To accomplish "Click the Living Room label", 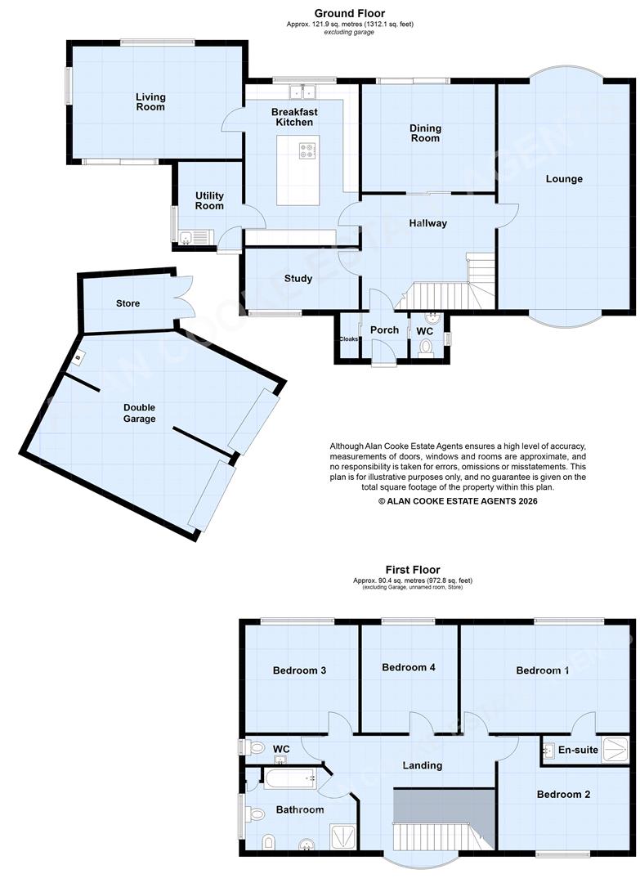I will [x=150, y=101].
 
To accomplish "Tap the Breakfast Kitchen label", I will [x=294, y=116].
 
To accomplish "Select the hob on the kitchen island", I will [x=309, y=150].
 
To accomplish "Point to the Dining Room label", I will [x=425, y=133].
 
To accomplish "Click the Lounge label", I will [x=564, y=178].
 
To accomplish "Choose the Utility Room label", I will [x=209, y=200].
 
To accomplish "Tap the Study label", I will [x=298, y=279].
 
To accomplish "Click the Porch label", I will [x=384, y=330].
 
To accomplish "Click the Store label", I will [x=128, y=303].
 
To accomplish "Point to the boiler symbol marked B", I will [x=78, y=358].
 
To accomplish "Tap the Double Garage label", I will [x=139, y=413].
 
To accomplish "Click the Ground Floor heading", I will [x=350, y=13].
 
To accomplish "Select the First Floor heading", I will [x=413, y=570].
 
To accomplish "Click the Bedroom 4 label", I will [x=409, y=667].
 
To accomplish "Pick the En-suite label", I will [x=579, y=749].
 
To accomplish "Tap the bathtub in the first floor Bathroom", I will [x=290, y=778].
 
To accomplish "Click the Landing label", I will [x=423, y=765].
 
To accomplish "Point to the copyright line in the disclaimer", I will [x=458, y=500].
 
